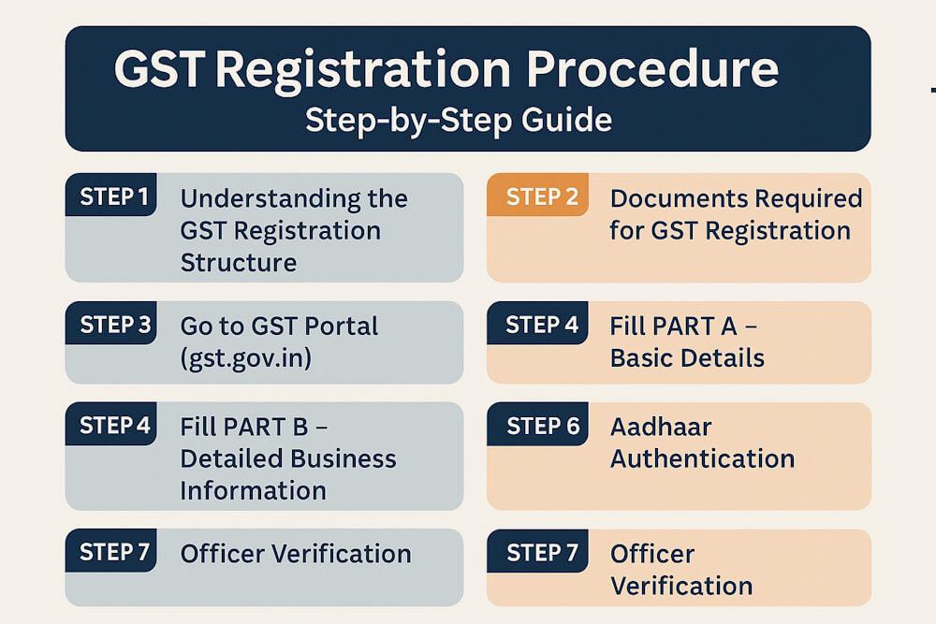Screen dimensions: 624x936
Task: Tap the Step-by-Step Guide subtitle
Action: [x=459, y=121]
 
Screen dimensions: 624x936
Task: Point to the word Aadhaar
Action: [x=661, y=427]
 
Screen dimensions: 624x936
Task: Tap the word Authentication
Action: [x=702, y=458]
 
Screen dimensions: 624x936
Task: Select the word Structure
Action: [x=238, y=262]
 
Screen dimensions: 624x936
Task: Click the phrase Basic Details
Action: [x=687, y=357]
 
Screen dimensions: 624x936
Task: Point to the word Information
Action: [x=253, y=490]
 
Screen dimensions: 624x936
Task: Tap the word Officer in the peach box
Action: [x=652, y=554]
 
